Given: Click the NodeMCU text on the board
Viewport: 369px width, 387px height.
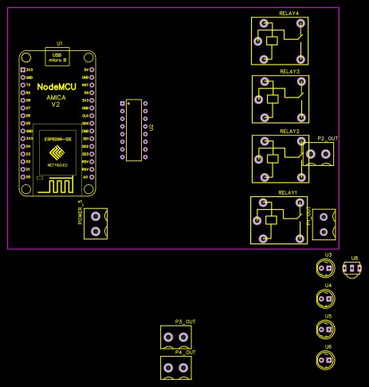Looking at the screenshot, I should (x=56, y=85).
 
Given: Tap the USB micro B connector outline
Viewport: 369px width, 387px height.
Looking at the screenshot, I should (x=56, y=56).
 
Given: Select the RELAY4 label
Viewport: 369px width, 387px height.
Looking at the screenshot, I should (x=289, y=14).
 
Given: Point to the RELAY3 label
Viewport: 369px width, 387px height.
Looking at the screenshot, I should (x=289, y=72).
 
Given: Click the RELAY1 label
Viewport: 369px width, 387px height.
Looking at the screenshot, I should (x=288, y=193).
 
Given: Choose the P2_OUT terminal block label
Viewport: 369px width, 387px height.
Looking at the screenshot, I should (x=328, y=138).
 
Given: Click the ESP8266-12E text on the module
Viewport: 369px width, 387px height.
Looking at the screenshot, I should (x=56, y=139).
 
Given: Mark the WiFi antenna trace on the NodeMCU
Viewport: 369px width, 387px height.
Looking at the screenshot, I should (x=56, y=185).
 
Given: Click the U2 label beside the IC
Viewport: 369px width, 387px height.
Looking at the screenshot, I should (x=150, y=128).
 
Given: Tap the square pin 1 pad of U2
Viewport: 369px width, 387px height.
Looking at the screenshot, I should (x=122, y=104).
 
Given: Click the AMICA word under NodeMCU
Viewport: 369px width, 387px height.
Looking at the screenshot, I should (x=56, y=97).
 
